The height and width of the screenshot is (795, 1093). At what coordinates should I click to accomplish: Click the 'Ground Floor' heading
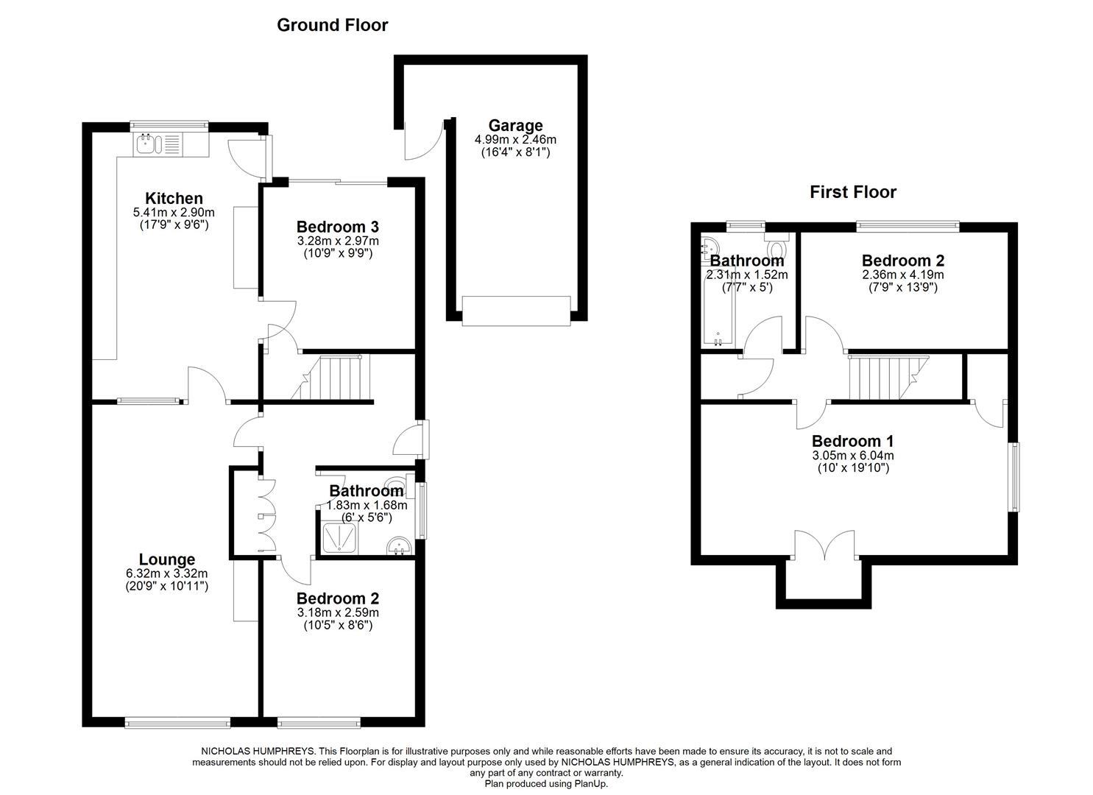click(332, 25)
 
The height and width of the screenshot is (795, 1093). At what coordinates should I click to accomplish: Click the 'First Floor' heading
click(852, 192)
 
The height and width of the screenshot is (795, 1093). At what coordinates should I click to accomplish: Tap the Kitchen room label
click(174, 198)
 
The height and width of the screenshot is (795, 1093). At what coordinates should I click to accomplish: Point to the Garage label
click(515, 125)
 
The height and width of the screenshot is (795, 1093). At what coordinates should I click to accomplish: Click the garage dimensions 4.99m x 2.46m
click(515, 139)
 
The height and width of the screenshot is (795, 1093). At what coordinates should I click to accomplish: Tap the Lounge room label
click(167, 559)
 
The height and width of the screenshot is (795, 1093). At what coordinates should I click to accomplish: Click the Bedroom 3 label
click(337, 227)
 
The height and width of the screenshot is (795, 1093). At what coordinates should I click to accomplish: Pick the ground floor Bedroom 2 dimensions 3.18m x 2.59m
click(338, 612)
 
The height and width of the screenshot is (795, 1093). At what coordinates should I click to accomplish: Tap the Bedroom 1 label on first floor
click(852, 441)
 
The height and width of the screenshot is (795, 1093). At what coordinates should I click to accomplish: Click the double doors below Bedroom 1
click(825, 546)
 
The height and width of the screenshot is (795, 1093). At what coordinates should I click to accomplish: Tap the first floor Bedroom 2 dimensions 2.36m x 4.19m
click(903, 275)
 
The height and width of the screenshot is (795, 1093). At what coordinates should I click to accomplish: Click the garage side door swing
click(423, 143)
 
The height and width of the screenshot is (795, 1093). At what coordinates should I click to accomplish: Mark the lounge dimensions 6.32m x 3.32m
click(167, 573)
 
